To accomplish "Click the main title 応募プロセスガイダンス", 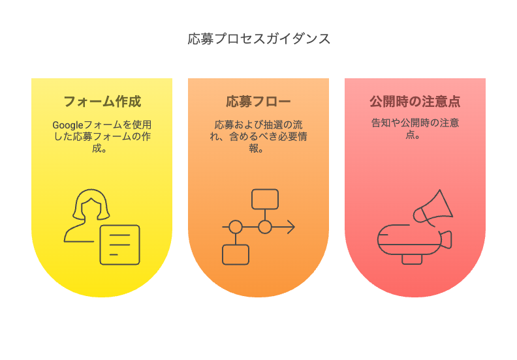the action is (258, 39).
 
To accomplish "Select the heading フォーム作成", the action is (102, 102).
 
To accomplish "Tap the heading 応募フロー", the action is (258, 102).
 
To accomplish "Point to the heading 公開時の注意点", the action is (415, 102).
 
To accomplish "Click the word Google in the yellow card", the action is (67, 125).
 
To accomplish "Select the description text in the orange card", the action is (258, 136).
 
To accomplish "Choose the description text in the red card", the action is (415, 128).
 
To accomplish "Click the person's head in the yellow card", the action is (91, 204).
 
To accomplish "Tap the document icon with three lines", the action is (119, 245).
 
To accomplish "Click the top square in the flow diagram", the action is (265, 199).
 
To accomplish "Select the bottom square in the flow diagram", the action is (236, 254).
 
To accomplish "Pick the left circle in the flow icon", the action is (236, 227).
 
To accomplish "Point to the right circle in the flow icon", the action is (265, 227).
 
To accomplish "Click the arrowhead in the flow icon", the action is (291, 227).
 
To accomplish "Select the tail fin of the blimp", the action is (446, 239).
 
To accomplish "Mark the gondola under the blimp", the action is (412, 260).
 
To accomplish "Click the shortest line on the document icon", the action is (114, 254).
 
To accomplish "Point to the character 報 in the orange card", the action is (253, 148).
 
